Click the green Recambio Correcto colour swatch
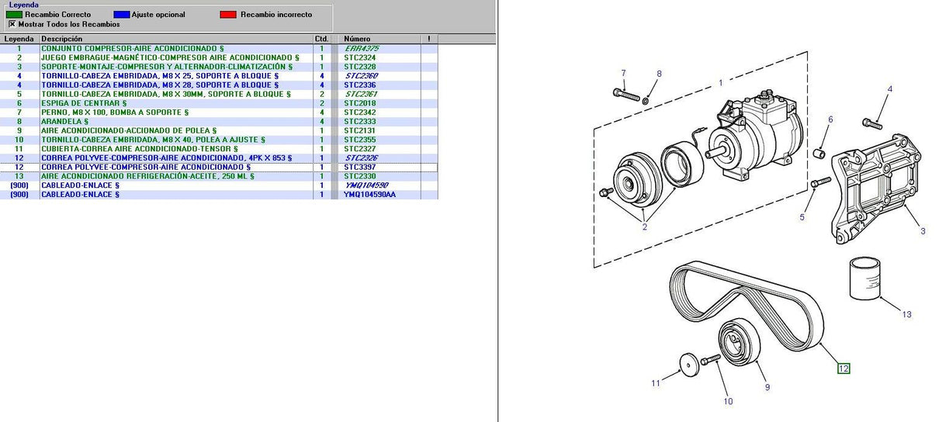click(x=14, y=15)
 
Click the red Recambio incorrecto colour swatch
click(x=228, y=15)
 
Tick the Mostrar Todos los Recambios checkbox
click(x=12, y=24)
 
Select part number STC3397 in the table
click(x=359, y=168)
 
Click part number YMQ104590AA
click(x=369, y=195)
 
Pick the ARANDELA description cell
click(x=64, y=122)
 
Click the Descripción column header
click(x=62, y=39)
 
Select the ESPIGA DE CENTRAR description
click(x=84, y=103)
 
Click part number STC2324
click(x=359, y=57)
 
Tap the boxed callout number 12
click(x=843, y=368)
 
